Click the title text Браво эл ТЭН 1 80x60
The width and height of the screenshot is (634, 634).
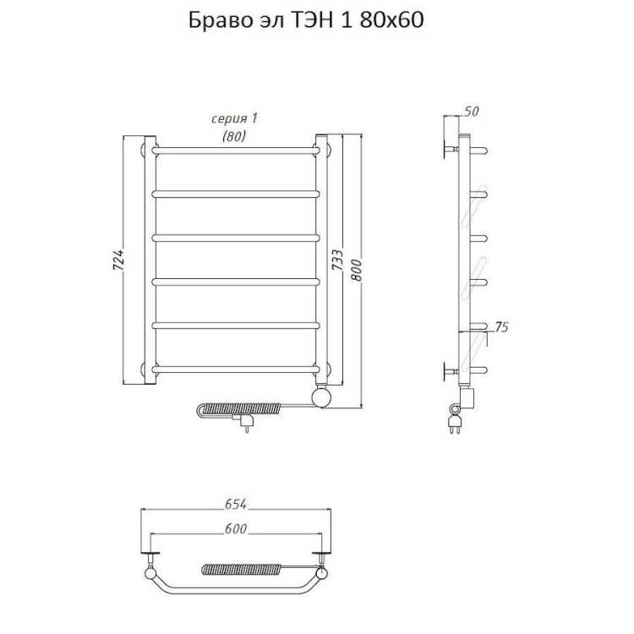(x=306, y=19)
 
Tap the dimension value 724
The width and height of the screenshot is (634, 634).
(x=118, y=260)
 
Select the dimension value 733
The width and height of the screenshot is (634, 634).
(x=337, y=260)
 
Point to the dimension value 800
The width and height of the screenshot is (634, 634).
(x=356, y=270)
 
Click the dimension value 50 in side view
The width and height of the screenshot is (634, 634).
(x=471, y=112)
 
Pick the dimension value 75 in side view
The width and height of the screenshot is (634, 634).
(x=501, y=326)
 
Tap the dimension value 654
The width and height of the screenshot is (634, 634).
(x=235, y=504)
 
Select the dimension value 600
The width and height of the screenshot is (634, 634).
(x=235, y=528)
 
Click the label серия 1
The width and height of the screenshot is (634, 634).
(x=234, y=118)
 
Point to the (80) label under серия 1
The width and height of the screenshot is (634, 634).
(x=233, y=137)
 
